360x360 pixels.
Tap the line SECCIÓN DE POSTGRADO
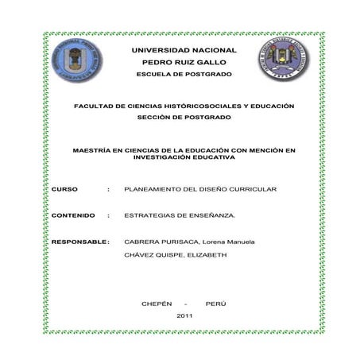coord(184,118)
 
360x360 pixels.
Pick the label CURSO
coord(64,190)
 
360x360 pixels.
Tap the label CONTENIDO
coord(73,215)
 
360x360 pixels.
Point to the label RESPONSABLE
coord(78,241)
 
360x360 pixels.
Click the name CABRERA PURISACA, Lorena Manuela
coord(189,241)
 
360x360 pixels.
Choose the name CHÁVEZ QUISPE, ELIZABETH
coord(176,255)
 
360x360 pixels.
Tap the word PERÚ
coord(215,304)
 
